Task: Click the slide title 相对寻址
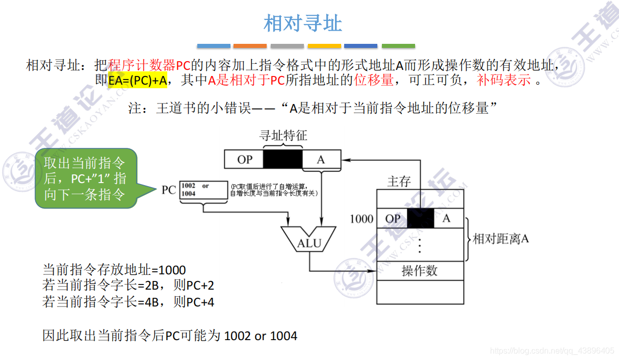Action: [303, 23]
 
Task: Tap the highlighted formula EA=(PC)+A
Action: [138, 80]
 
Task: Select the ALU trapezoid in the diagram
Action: [309, 239]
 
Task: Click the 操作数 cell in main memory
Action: [420, 270]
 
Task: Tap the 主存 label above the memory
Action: [398, 181]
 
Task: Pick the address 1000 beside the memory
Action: [362, 219]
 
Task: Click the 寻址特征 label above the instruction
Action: [283, 135]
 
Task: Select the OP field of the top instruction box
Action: [244, 160]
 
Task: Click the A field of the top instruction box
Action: [321, 160]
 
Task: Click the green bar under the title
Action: [398, 46]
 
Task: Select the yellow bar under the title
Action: [324, 46]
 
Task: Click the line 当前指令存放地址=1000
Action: [114, 270]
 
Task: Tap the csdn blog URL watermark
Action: [552, 351]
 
